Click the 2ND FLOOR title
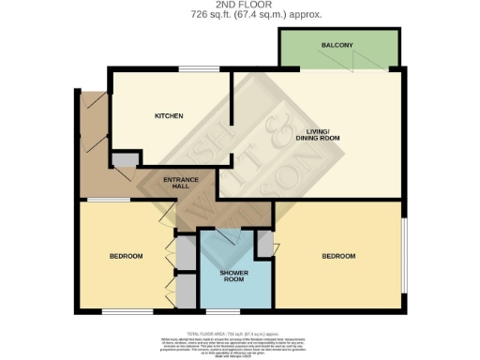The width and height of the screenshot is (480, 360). tap(239, 5)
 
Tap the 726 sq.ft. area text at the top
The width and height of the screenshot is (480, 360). tap(239, 15)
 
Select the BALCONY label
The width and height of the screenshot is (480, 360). tap(337, 46)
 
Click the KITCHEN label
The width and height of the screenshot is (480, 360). tap(169, 116)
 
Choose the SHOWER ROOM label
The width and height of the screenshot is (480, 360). tap(232, 277)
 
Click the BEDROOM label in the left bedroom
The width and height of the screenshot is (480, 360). tap(126, 256)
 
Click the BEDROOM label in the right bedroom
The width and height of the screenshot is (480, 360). tap(338, 256)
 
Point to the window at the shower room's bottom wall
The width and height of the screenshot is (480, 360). tap(228, 309)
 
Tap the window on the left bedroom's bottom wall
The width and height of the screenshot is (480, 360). tap(122, 310)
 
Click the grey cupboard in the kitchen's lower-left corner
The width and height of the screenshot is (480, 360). tap(124, 160)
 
